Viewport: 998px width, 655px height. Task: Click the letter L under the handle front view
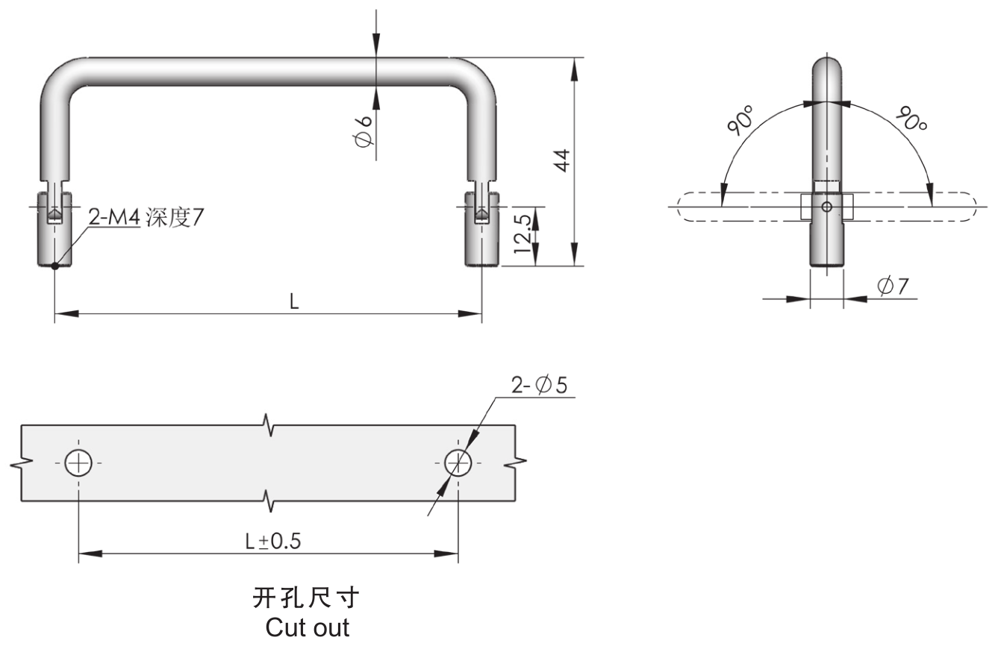294,302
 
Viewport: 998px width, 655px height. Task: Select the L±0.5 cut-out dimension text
272,542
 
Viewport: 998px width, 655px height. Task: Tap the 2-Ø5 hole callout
539,385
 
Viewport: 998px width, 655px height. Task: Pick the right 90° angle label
911,119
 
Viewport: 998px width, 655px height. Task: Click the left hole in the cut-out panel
78,463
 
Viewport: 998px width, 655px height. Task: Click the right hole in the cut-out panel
458,463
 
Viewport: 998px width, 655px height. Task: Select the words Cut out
307,627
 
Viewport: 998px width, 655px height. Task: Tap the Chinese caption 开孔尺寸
306,598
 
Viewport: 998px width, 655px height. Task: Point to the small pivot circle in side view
826,206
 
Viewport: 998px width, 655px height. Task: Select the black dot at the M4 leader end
54,266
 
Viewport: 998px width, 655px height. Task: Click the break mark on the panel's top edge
269,425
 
